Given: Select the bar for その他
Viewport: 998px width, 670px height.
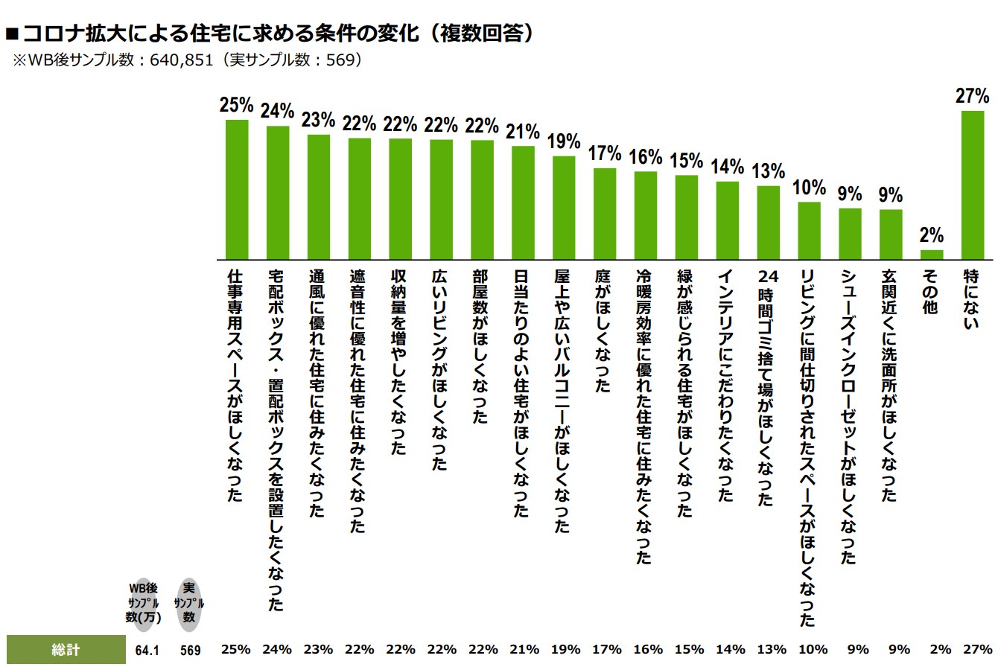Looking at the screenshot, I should tap(932, 254).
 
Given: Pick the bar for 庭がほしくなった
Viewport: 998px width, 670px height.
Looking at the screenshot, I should tap(604, 213).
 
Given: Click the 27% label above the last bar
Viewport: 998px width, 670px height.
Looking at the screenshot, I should tap(972, 96).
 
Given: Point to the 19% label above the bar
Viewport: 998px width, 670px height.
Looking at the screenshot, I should tap(563, 141).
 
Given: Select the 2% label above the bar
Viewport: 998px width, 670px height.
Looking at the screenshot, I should tap(932, 235).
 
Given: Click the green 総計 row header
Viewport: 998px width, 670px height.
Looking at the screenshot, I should tap(66, 649).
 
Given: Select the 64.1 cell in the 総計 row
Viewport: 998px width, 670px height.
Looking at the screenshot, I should tap(148, 650).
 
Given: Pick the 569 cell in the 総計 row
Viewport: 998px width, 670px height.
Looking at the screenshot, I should tap(190, 650).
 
